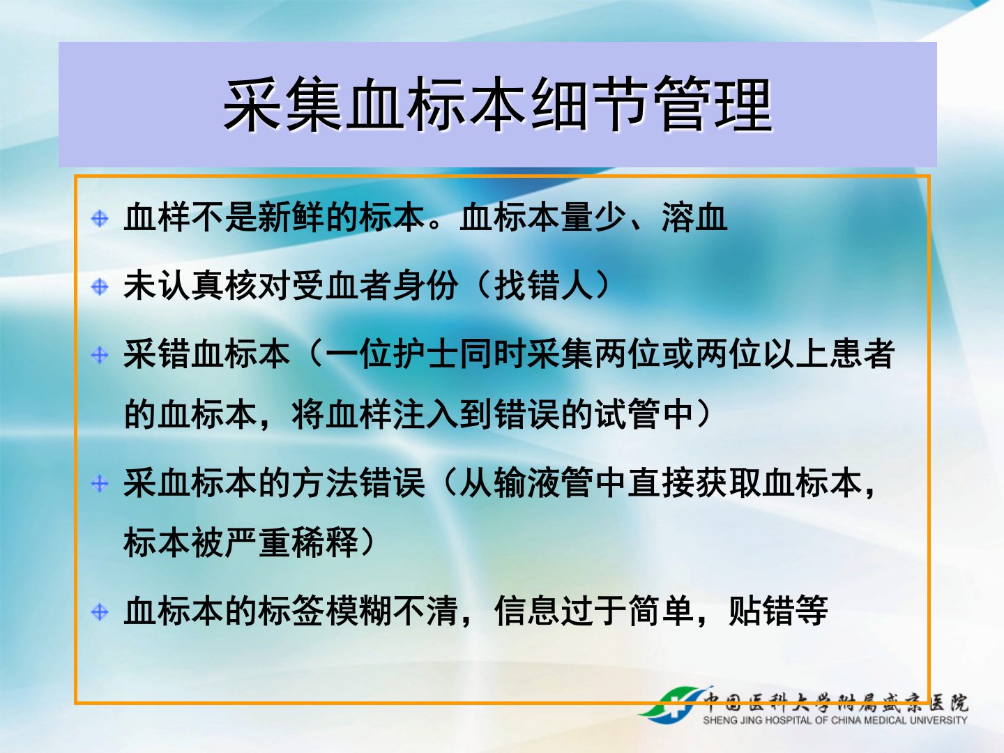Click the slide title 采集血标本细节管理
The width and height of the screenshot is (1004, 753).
tap(498, 105)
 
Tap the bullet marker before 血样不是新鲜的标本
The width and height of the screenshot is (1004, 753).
tap(100, 218)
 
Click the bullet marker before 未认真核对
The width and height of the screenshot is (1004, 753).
tap(100, 287)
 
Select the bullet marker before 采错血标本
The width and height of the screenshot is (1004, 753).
tap(100, 355)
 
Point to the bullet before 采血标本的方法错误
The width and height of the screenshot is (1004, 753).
tap(100, 483)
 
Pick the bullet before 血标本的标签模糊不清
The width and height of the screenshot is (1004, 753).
tap(100, 611)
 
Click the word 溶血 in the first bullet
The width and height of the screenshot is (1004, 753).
tap(694, 218)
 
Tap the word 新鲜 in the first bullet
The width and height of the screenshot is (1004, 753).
tap(291, 218)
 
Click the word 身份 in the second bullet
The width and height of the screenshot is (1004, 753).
tap(425, 286)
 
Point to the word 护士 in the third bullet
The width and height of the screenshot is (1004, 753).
tap(425, 354)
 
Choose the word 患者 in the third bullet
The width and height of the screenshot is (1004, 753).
tap(862, 354)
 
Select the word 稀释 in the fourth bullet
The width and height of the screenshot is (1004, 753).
tap(325, 542)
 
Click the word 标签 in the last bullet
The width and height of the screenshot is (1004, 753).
tap(291, 611)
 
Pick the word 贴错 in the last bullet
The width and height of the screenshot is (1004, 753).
tap(761, 611)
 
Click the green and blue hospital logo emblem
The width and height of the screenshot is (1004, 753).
tap(672, 706)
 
